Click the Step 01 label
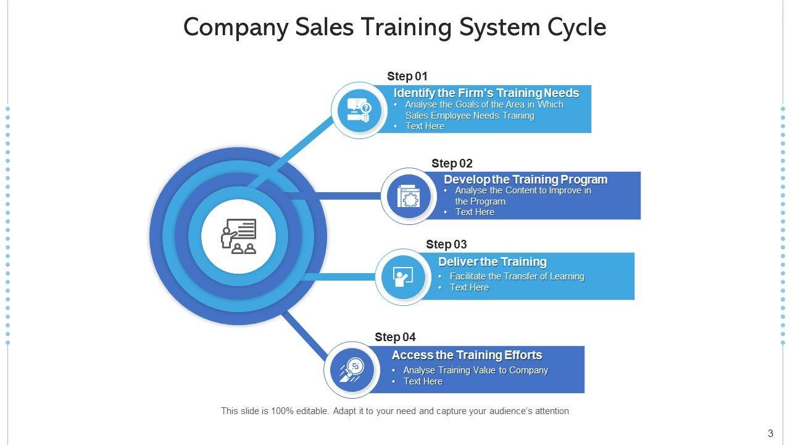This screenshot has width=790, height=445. [407, 76]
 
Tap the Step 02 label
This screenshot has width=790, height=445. [452, 163]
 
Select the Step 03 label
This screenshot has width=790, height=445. [446, 244]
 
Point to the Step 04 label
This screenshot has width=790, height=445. [395, 337]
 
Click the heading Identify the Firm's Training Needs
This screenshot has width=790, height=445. [486, 93]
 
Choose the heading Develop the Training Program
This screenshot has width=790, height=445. [525, 179]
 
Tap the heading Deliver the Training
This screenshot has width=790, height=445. [492, 261]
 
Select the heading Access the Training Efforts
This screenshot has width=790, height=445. [467, 355]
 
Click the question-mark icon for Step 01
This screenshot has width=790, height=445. [359, 110]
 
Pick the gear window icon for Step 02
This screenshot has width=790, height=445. [409, 196]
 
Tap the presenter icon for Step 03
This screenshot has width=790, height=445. [402, 277]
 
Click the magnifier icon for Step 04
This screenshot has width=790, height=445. [351, 370]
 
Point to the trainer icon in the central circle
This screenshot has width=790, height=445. [238, 236]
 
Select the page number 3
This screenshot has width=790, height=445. [770, 433]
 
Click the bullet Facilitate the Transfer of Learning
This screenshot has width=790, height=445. [517, 276]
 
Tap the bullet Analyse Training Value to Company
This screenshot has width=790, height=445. [475, 370]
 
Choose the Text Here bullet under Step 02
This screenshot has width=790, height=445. [475, 212]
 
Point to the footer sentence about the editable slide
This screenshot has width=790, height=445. [395, 411]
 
